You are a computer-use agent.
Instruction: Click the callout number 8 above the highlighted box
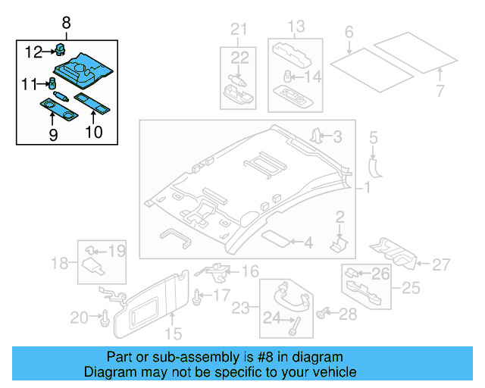66,23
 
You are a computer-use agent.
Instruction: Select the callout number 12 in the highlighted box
34,52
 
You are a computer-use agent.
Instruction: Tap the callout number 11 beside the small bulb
30,83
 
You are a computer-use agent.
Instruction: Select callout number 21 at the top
239,30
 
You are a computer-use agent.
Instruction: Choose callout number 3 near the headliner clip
338,136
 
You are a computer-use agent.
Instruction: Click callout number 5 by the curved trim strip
373,137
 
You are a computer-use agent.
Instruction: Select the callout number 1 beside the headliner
367,186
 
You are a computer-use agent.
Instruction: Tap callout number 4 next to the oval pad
307,243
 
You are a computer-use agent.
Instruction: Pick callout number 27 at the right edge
441,264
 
